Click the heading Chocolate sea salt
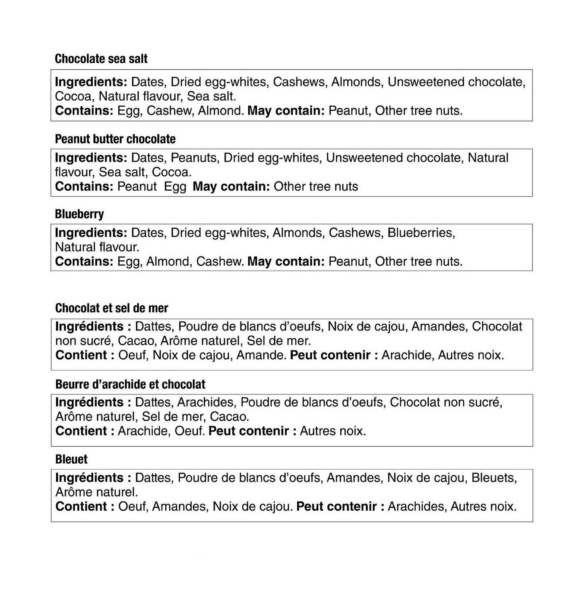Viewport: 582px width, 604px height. [101, 59]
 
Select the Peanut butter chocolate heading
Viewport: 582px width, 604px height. [115, 139]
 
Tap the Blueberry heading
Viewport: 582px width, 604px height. [79, 214]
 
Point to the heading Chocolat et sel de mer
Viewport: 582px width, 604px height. [111, 308]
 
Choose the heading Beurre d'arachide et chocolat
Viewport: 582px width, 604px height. [130, 384]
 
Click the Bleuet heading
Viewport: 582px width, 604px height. [71, 459]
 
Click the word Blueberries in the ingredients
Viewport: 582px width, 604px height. [421, 233]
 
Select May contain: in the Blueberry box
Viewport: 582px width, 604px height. [286, 261]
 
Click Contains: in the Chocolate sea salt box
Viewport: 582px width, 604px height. [84, 111]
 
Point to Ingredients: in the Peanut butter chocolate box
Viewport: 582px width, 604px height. [91, 158]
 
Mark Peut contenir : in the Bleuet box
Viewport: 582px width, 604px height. [340, 506]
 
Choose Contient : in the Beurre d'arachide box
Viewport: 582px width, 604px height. [85, 431]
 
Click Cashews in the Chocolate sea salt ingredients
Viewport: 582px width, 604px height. [298, 82]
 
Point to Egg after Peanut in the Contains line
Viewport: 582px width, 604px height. [175, 187]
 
